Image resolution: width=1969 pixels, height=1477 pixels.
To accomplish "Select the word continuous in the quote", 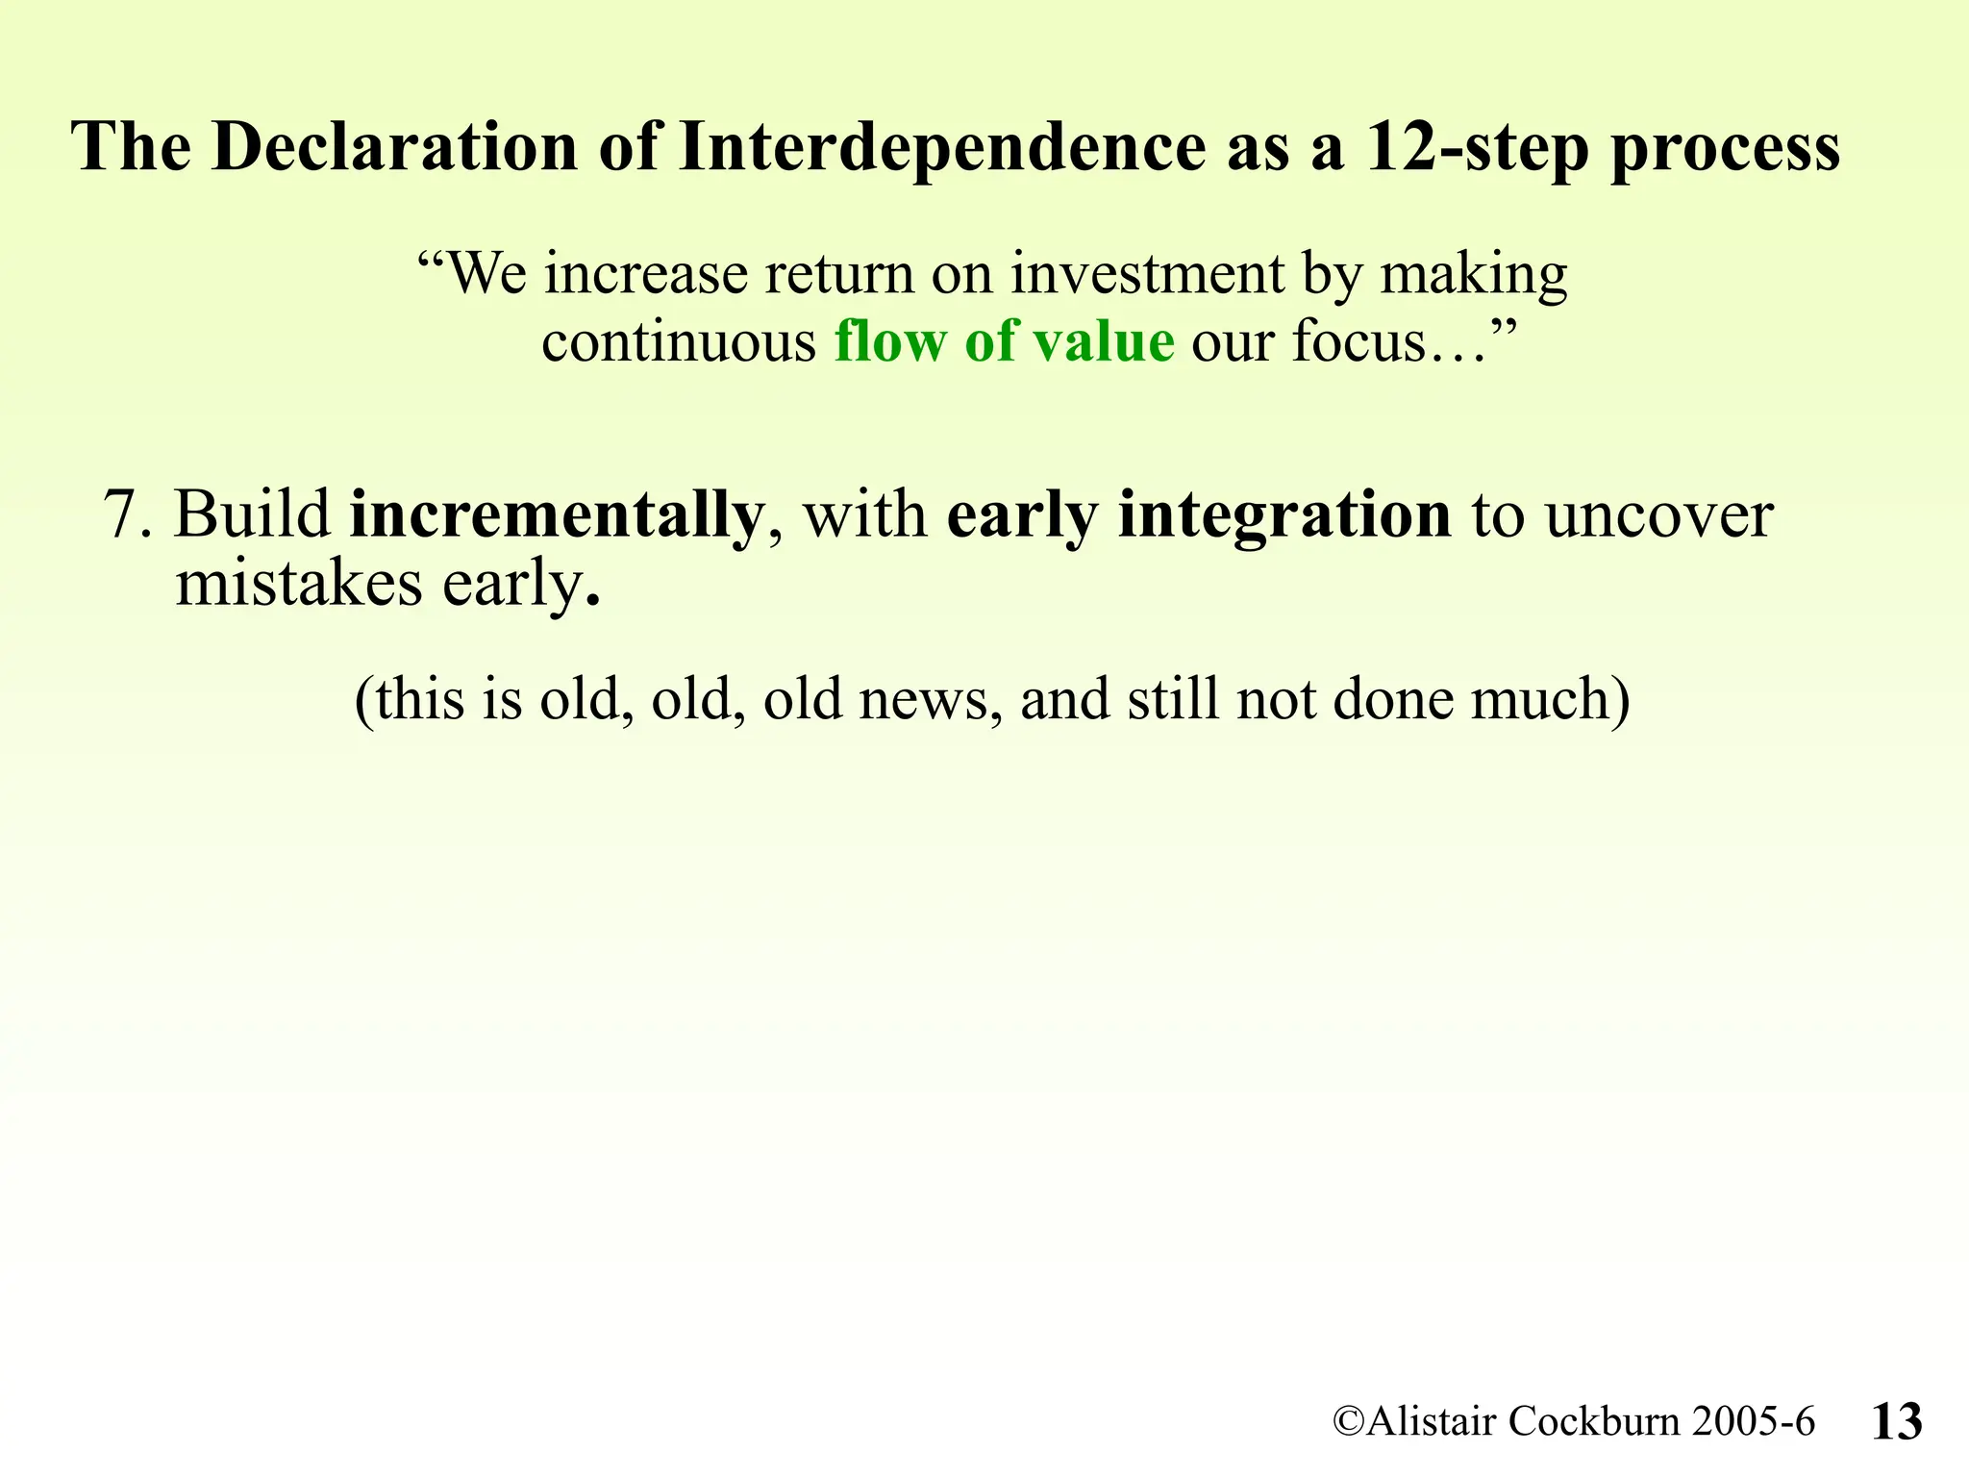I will [x=679, y=341].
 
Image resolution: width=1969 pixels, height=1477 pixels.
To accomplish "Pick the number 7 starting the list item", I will [x=122, y=515].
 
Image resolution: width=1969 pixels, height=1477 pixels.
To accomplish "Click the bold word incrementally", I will [x=556, y=515].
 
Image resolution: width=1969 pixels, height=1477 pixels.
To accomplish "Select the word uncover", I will [x=1658, y=515].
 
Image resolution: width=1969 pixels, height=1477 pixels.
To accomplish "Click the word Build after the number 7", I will [x=253, y=515].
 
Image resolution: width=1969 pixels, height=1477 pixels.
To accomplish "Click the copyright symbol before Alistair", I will [x=1348, y=1421].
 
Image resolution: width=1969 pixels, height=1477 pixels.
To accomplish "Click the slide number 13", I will [x=1897, y=1421].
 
